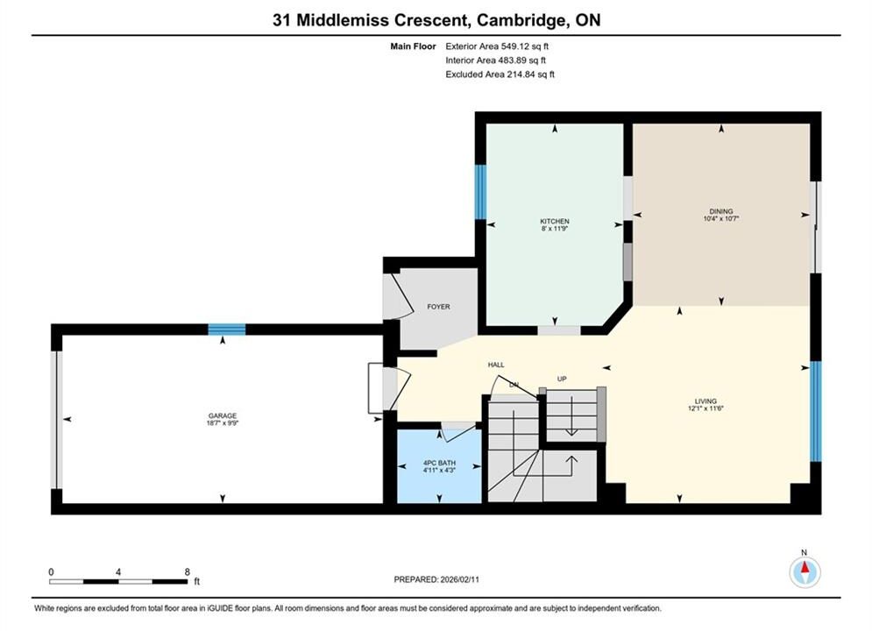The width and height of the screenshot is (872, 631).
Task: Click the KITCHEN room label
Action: point(555,221)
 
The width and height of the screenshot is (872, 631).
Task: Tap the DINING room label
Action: point(720,211)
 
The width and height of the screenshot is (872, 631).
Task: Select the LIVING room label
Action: point(705,401)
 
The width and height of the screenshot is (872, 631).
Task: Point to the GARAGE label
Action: point(223,415)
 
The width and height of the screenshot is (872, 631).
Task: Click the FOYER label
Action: point(438,307)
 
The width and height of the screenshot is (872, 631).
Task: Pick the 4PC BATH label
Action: point(439,463)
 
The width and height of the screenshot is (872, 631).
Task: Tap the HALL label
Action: point(496,365)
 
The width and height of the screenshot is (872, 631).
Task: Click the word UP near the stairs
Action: point(562,379)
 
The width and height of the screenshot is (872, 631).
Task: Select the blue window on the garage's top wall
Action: point(227,330)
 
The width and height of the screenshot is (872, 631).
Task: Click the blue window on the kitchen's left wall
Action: point(480,192)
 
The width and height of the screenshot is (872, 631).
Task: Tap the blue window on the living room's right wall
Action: point(815,411)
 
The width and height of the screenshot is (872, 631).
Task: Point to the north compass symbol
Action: point(805,571)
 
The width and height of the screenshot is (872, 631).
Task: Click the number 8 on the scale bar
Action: point(188,571)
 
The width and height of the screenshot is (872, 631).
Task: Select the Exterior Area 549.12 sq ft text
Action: point(497,46)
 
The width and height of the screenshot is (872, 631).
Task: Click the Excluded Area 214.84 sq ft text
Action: point(500,74)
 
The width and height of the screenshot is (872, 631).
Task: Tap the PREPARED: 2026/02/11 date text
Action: point(436,579)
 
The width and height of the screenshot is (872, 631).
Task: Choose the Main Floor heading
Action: point(413,46)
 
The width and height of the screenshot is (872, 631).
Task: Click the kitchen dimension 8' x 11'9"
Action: point(555,228)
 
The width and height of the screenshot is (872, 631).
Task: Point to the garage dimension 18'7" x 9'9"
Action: point(223,422)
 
